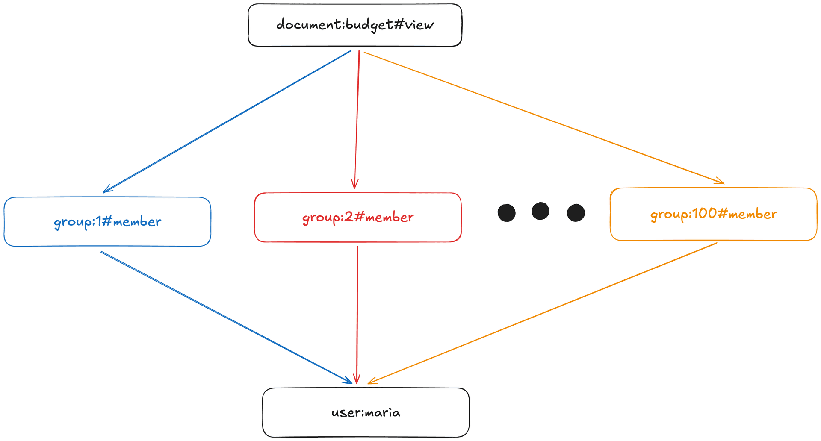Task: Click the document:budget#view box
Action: point(355,25)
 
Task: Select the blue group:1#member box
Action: point(107,221)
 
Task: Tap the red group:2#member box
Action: point(357,217)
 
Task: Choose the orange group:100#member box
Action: point(713,214)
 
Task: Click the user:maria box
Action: point(366,412)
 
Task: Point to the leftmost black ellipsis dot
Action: point(507,213)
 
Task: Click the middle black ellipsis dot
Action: point(540,211)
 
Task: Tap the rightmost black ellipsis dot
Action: point(576,213)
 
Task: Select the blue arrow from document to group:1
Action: point(227,122)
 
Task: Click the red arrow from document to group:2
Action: point(357,120)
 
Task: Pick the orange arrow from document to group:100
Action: point(543,118)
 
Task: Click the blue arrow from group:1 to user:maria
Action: point(227,317)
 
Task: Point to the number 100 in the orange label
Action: point(704,214)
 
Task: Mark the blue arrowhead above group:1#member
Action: point(107,190)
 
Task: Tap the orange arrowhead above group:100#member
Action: point(720,182)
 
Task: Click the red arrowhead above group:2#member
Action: point(354,185)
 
